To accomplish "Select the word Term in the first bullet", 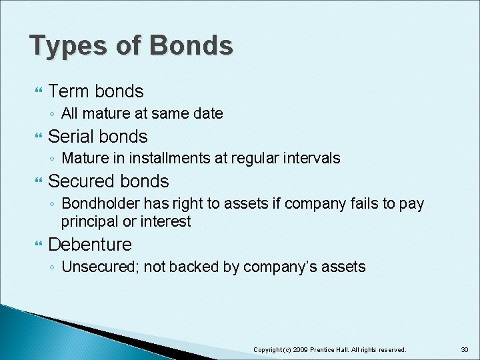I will click(69, 91).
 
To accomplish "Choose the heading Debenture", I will click(90, 244).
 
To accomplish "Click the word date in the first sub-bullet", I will click(207, 113).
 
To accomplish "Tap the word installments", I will click(172, 158).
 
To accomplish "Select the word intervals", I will click(313, 158).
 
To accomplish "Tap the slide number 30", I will click(464, 349).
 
